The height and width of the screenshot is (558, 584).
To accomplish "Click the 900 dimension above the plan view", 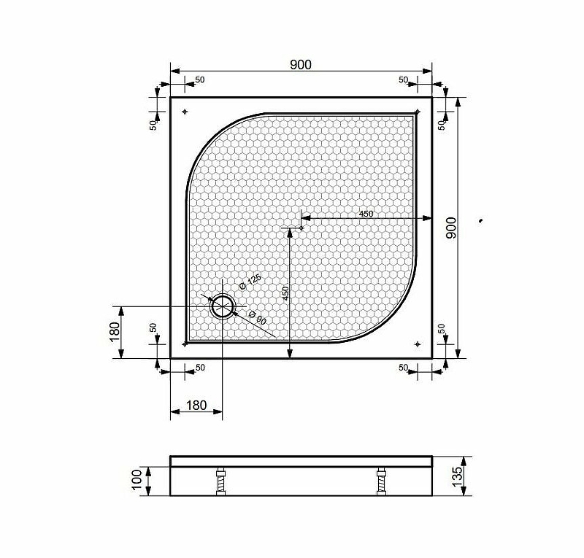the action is [x=301, y=65].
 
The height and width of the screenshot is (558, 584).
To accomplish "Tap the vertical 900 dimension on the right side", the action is [x=451, y=228].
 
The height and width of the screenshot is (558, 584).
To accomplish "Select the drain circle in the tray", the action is [x=223, y=306].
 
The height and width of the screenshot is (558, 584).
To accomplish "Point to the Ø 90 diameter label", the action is [x=257, y=317].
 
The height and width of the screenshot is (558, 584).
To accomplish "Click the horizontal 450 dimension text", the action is [x=366, y=214].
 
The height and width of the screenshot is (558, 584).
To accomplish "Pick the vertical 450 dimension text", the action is [x=285, y=294].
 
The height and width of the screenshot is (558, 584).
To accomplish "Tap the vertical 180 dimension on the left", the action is [x=115, y=332].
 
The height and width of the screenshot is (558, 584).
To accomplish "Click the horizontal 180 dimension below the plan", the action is [x=196, y=405].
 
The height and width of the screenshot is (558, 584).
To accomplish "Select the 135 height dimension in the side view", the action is [x=457, y=476].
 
